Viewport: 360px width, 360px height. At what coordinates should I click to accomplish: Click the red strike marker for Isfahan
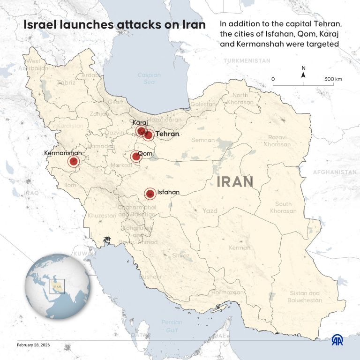point(150,193)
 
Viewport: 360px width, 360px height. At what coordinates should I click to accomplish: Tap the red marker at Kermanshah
point(73,162)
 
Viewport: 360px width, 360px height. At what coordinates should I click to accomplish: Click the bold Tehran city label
point(168,134)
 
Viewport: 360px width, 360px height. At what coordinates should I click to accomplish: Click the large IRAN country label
point(235,181)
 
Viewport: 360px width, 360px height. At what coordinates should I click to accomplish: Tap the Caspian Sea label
point(149,78)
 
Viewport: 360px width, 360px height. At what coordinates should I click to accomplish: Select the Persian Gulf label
point(172,326)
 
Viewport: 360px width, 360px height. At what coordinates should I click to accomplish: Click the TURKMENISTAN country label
point(247,61)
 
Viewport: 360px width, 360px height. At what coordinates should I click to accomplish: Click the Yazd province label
point(210,211)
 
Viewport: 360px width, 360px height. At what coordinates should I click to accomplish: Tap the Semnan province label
point(203,140)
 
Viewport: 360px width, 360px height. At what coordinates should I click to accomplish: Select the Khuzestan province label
point(101,216)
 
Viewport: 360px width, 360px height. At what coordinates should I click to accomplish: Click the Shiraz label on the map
point(181,256)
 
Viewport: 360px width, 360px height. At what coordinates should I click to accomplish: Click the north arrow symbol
point(303,73)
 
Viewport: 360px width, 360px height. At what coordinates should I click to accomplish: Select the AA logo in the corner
point(337,340)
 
